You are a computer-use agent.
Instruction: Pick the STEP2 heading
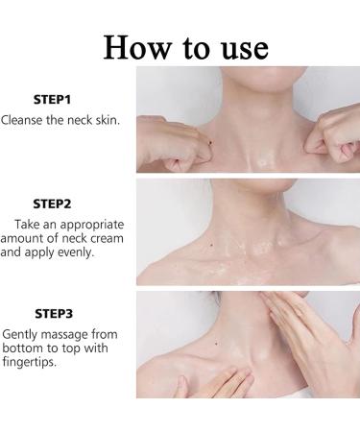click(x=53, y=204)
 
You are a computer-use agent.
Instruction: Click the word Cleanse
click(x=25, y=120)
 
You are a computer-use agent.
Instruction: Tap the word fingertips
click(x=29, y=363)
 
